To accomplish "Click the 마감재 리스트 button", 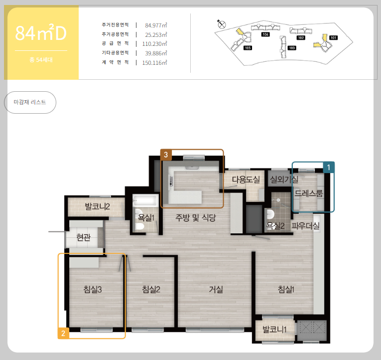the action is (x=30, y=102).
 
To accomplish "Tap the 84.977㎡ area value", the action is (x=156, y=25).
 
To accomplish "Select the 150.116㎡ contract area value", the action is (x=154, y=63).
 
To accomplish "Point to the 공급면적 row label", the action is (x=115, y=43).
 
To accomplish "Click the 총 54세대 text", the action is (x=41, y=60).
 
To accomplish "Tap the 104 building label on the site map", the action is (x=265, y=34).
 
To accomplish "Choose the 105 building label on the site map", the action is (x=248, y=48).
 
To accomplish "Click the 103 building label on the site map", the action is (x=291, y=48).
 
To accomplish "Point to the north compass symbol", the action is (x=221, y=24).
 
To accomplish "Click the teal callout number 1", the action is (x=329, y=168).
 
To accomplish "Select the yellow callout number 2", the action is (x=63, y=333).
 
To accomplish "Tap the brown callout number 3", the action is (x=166, y=155).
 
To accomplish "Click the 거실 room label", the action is (x=216, y=290).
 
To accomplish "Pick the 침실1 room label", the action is (x=286, y=290).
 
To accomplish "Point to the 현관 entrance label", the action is (x=83, y=237).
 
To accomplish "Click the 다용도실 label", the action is (x=246, y=180).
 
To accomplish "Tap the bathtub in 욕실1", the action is (x=145, y=200).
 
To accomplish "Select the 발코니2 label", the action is (x=98, y=207).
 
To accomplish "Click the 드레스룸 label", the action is (x=309, y=193).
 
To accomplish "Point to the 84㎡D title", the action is (x=41, y=33).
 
